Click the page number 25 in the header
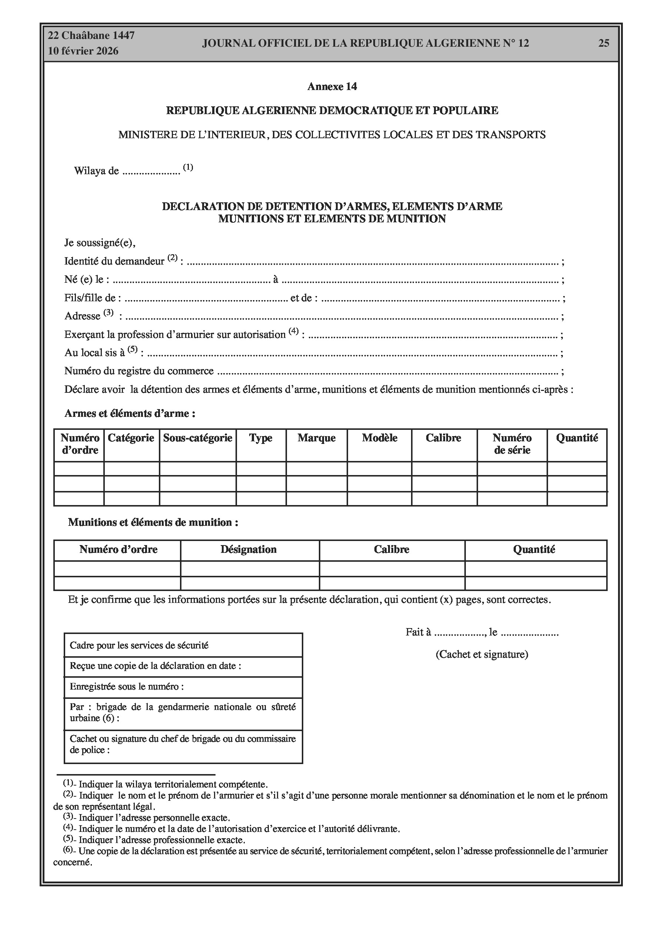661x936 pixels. coord(604,43)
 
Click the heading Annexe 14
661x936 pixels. coord(332,86)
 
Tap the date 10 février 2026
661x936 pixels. coord(83,52)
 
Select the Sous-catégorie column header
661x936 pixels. coord(198,438)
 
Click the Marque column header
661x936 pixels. coord(316,438)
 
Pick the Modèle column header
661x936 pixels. coord(380,438)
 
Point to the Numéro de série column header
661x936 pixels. coord(511,444)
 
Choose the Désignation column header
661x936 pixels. coord(248,550)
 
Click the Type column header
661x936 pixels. coord(260,438)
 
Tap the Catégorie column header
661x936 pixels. coord(131,438)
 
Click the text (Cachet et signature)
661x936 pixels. coord(482,654)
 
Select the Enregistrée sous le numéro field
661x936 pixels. coord(183,687)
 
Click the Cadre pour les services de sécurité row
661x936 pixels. coord(183,645)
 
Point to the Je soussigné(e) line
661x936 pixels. coord(100,243)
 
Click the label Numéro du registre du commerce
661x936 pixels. coord(139,371)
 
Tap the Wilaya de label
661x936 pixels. coord(97,171)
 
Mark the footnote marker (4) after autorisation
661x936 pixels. coord(293,331)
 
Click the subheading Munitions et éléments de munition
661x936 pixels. coord(153,522)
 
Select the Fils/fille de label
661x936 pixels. coord(93,298)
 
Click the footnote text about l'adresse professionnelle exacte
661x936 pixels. coord(161,840)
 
